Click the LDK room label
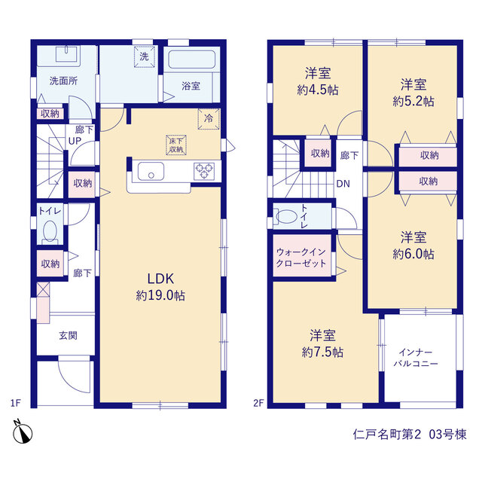click(x=160, y=279)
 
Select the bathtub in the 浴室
click(x=191, y=59)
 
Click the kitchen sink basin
click(x=151, y=171)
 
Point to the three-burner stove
click(x=204, y=171)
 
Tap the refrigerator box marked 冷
click(x=209, y=119)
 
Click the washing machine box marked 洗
click(x=144, y=56)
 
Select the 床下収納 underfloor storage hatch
click(x=176, y=145)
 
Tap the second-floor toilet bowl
click(x=286, y=216)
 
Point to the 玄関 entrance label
click(x=68, y=335)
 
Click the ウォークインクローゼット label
click(x=301, y=258)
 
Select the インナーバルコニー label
click(x=416, y=358)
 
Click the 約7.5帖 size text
click(x=322, y=352)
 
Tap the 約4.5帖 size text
click(x=318, y=90)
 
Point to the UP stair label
click(x=75, y=141)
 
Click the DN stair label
click(x=343, y=184)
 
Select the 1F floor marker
click(x=16, y=403)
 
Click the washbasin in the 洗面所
click(x=67, y=54)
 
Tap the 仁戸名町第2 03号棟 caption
click(x=410, y=435)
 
